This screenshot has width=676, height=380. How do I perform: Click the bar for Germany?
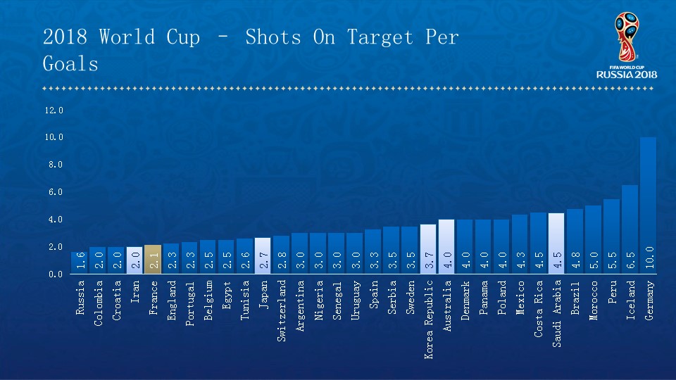(x=648, y=204)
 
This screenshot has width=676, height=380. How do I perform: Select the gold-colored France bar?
(x=153, y=259)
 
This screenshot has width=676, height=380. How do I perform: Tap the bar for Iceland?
(x=630, y=229)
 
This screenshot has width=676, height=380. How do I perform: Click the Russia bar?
(x=80, y=262)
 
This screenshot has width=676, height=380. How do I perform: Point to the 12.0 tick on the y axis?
(x=54, y=110)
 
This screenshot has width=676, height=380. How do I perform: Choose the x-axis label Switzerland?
(x=282, y=301)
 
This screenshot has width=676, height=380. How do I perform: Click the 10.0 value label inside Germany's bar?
(x=649, y=258)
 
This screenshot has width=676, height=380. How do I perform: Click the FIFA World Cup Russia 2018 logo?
(x=626, y=46)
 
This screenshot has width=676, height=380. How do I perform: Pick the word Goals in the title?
(x=70, y=64)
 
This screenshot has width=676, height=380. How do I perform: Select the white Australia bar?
(x=446, y=246)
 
